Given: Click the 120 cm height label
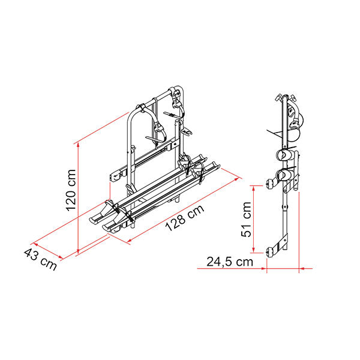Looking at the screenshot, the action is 71,190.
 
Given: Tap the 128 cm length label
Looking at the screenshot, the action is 185,217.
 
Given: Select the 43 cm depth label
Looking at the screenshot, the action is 40,259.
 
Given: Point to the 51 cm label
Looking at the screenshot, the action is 247,219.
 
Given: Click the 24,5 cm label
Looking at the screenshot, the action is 230,262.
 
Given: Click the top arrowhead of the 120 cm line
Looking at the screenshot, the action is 78,145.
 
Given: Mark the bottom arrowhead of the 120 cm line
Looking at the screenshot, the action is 78,251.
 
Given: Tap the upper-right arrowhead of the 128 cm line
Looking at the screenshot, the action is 237,178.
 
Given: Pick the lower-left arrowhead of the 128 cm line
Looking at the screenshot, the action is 129,241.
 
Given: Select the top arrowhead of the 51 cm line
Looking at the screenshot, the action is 253,188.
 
